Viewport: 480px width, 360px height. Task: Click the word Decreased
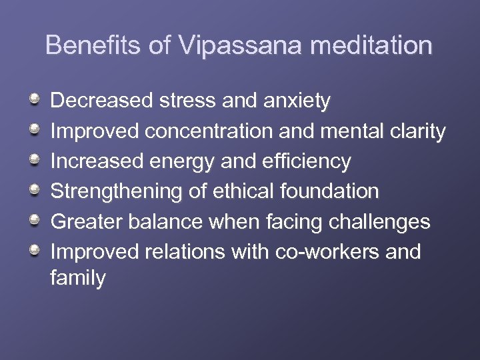(x=103, y=101)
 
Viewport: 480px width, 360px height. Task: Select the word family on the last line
(x=78, y=278)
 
